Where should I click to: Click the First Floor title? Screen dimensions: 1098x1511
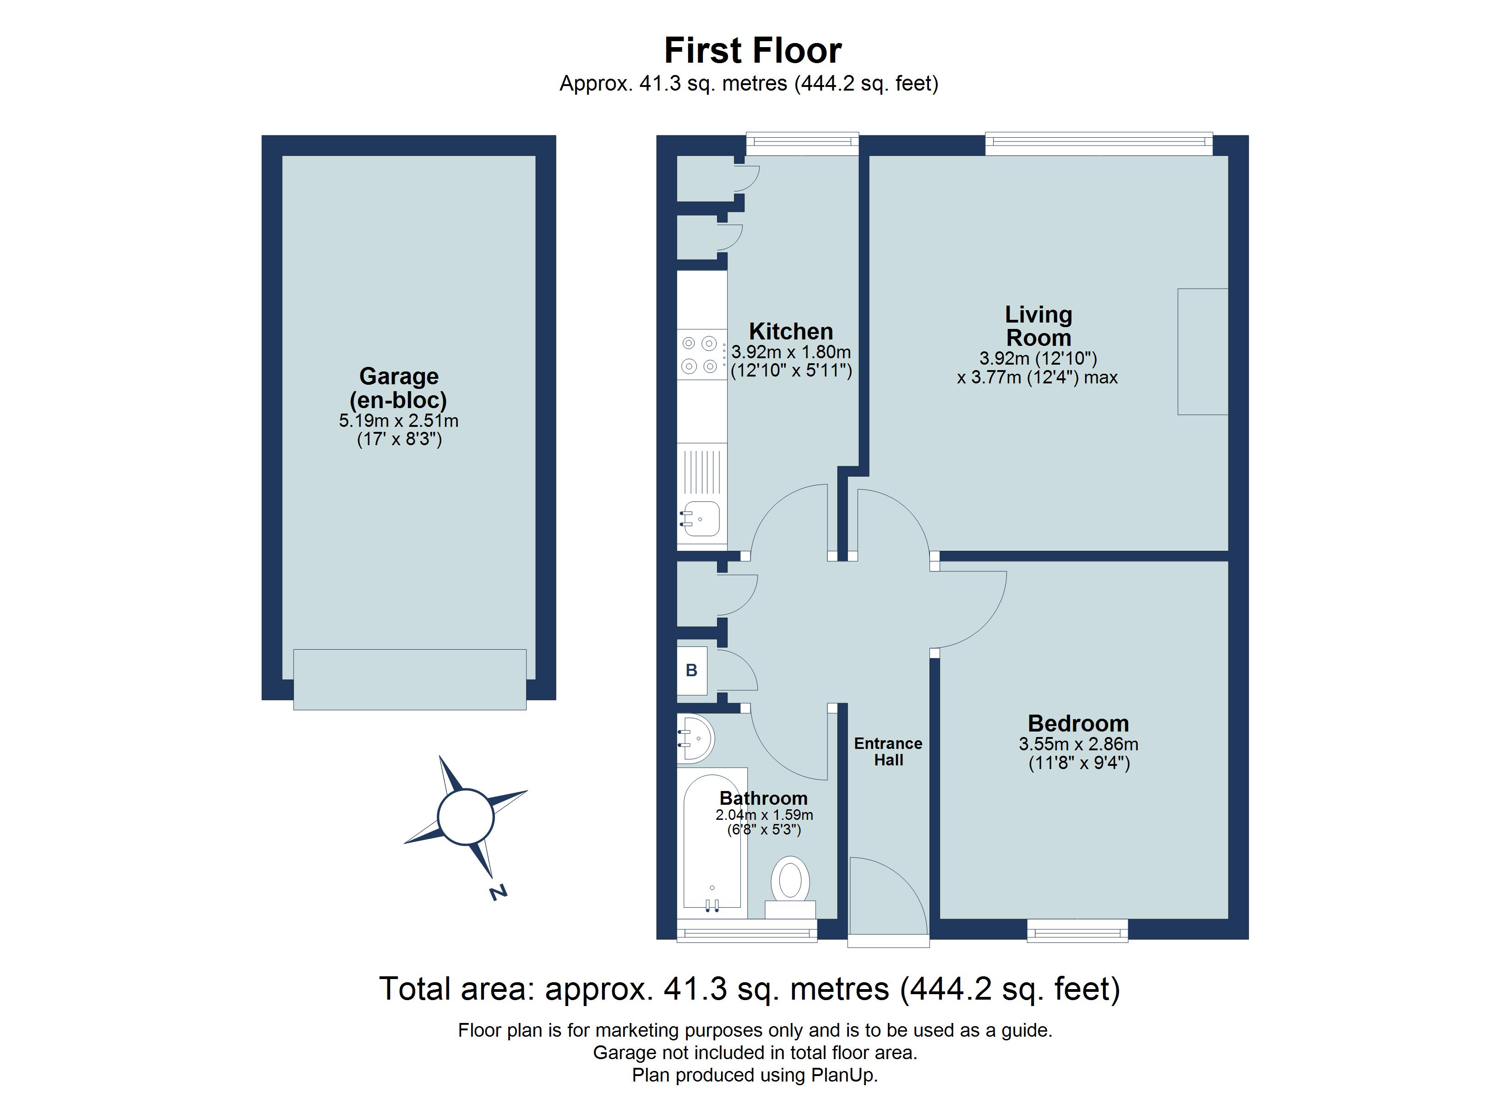tap(753, 51)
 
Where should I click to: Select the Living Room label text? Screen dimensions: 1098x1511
tap(1038, 326)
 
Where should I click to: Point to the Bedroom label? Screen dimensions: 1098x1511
tap(1078, 724)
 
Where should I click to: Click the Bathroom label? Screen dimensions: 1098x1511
tap(763, 798)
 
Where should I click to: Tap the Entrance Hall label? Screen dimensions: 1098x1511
tap(888, 752)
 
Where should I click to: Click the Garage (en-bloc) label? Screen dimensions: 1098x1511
tap(398, 388)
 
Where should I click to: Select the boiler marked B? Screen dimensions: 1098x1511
tap(691, 671)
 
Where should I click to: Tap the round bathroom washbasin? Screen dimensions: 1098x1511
tap(697, 738)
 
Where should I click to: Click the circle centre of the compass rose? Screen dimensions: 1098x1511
tap(466, 816)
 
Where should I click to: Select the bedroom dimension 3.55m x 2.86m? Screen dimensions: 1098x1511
tap(1078, 744)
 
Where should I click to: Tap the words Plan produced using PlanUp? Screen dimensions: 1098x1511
tap(755, 1075)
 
